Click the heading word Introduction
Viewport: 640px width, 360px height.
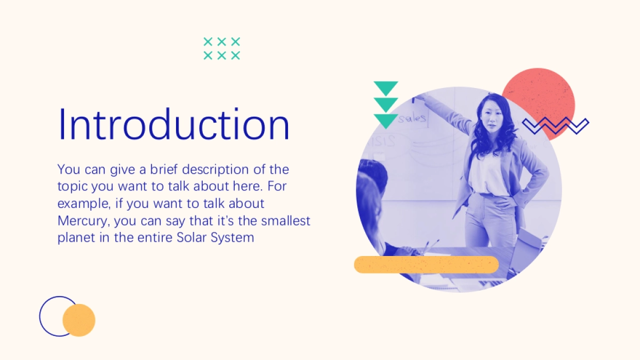[174, 124]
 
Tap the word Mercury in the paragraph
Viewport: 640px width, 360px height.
[82, 221]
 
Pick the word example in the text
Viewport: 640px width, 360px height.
[84, 204]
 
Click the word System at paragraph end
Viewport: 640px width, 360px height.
[233, 238]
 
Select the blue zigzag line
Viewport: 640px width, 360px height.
[555, 125]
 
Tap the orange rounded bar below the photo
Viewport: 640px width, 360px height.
[426, 265]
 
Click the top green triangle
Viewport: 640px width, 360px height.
[386, 89]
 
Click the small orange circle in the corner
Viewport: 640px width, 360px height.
[79, 320]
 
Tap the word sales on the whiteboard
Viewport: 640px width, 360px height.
[412, 118]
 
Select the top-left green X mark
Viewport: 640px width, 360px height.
[207, 42]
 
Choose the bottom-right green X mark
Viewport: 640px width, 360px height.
[235, 55]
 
